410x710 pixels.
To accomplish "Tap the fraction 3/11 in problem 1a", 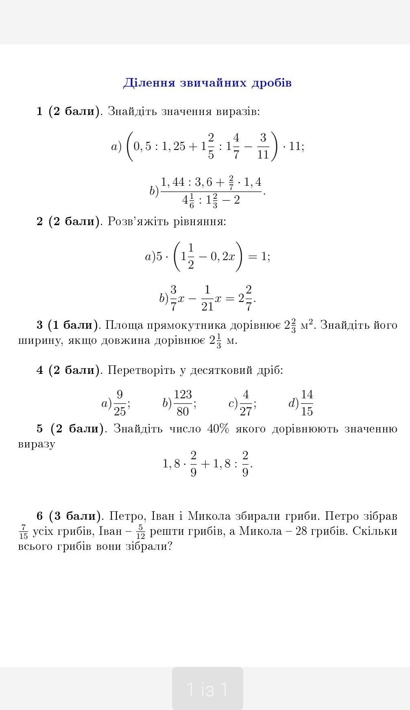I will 263,146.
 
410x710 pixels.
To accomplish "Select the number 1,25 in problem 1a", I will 174,146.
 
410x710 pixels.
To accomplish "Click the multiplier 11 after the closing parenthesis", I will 295,146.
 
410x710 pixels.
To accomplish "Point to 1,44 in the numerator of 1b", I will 173,182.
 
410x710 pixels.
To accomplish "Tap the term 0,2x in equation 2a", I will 222,257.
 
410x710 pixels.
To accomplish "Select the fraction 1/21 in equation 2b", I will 207,298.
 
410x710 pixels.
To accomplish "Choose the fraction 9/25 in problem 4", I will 120,403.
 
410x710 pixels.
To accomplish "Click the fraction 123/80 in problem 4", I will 183,403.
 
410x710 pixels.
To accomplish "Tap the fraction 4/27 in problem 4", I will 245,403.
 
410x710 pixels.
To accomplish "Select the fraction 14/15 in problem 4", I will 307,403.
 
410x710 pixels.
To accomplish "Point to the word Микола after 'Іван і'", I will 209,516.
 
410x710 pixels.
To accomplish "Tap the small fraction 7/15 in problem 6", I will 24,532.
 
